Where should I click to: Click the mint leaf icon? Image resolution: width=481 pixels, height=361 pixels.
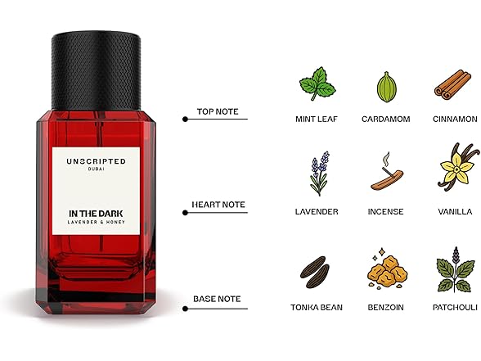[x=317, y=84]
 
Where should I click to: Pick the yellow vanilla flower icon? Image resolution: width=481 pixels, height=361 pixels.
[x=455, y=169]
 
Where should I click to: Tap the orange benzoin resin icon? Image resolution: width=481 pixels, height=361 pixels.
[x=385, y=268]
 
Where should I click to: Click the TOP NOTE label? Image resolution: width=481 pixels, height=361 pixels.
[x=218, y=111]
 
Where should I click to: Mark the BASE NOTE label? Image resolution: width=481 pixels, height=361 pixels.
[x=217, y=299]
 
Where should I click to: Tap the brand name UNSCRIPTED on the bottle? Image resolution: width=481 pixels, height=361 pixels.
[x=99, y=162]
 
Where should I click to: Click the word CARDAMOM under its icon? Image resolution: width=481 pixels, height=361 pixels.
[x=385, y=119]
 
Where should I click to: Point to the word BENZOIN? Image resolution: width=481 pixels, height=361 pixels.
[x=385, y=307]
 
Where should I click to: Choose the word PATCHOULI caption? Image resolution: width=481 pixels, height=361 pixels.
[x=454, y=307]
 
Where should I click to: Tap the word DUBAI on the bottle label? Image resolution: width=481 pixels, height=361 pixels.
[x=99, y=172]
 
